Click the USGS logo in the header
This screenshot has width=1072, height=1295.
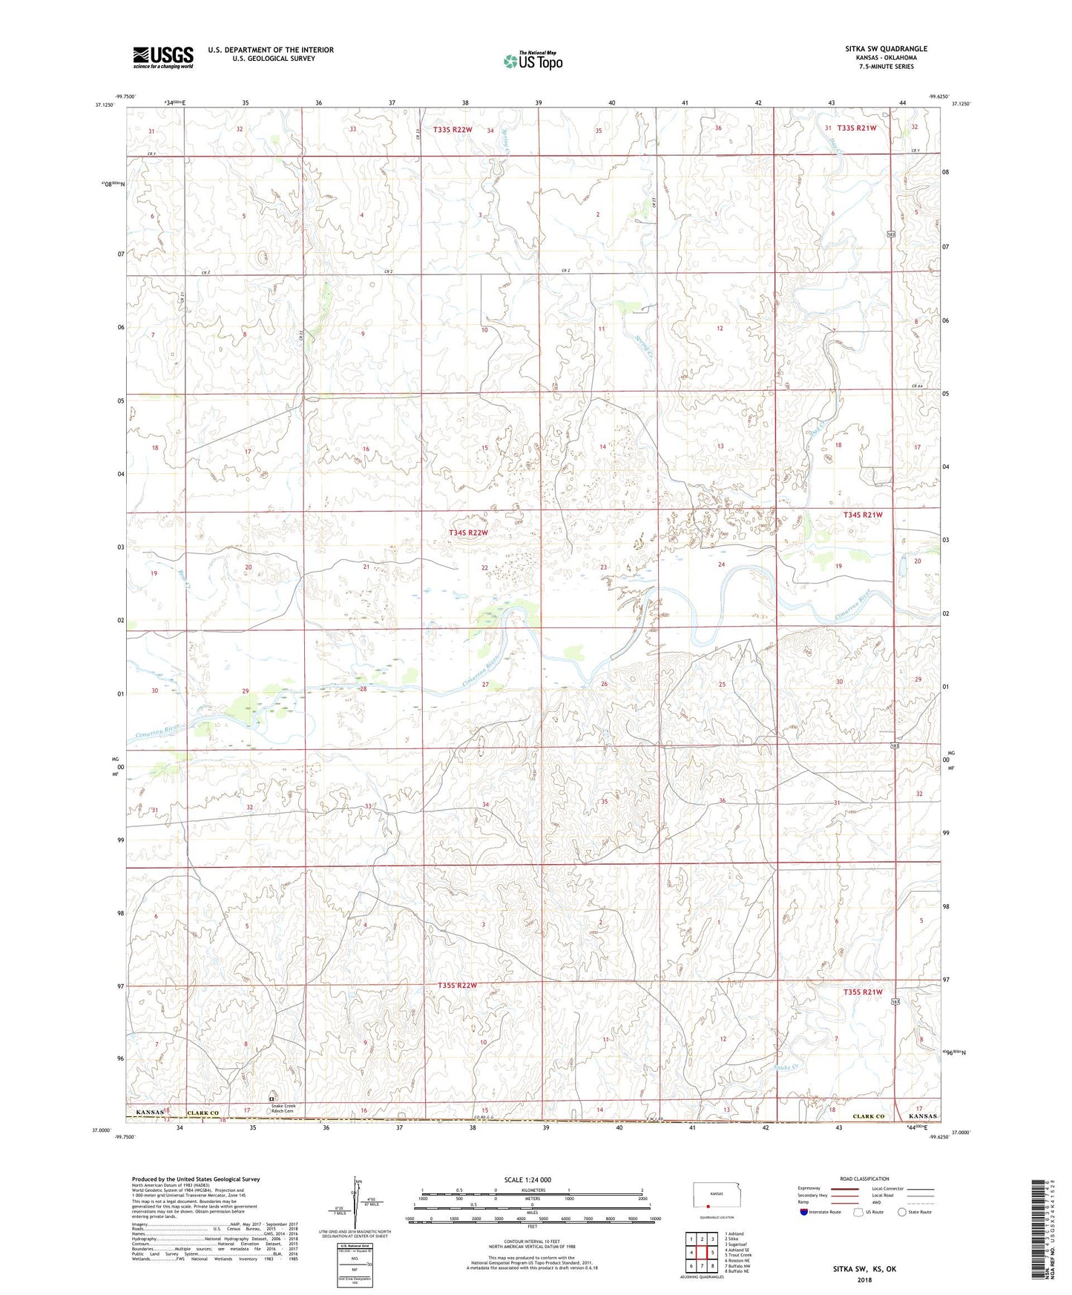tap(162, 57)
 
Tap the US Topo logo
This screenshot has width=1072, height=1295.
tap(532, 61)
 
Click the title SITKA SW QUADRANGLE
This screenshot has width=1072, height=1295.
tap(886, 49)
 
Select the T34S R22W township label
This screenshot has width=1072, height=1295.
tap(469, 533)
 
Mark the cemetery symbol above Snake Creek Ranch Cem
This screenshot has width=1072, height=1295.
tap(272, 1097)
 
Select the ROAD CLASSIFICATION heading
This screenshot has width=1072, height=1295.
tap(864, 1179)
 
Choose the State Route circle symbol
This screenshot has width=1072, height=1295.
tap(902, 1213)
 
